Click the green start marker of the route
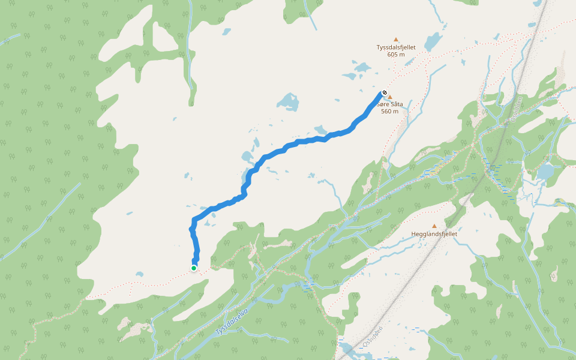tap(194, 268)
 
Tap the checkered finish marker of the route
tap(384, 93)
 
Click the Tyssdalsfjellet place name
tap(396, 47)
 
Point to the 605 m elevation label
tap(396, 55)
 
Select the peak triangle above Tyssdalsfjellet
tap(396, 40)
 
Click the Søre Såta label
tap(389, 104)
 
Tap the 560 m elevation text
tap(389, 112)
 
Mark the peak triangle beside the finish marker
tap(390, 97)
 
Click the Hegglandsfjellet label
tap(434, 234)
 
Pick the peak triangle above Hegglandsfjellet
tap(434, 226)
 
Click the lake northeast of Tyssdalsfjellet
tap(432, 42)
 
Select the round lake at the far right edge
tap(545, 172)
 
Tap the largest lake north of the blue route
tap(289, 101)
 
